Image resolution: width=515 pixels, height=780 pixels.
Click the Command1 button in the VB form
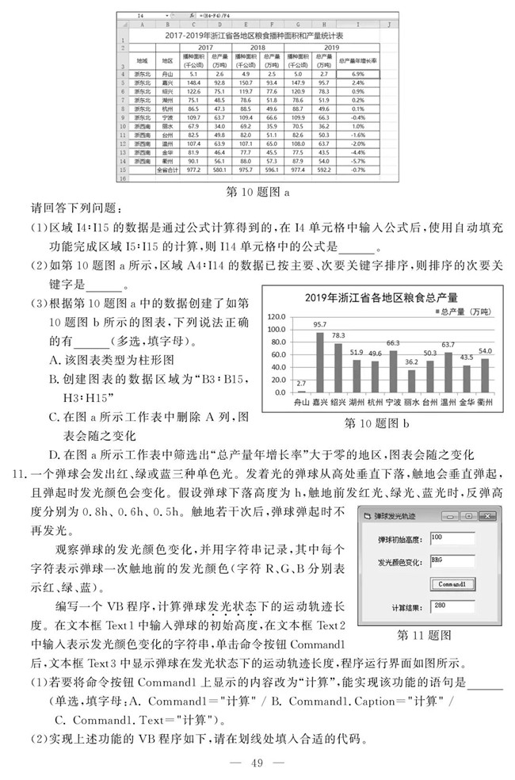[452, 584]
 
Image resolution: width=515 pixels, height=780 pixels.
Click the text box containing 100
[452, 539]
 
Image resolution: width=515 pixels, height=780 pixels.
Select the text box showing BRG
[452, 562]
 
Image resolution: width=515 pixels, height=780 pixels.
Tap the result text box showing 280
[452, 607]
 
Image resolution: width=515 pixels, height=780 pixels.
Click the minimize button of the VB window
[452, 517]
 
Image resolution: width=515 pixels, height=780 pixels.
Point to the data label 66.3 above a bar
[393, 343]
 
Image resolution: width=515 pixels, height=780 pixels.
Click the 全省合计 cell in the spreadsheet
[167, 170]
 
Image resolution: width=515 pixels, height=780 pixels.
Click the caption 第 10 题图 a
[257, 191]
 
